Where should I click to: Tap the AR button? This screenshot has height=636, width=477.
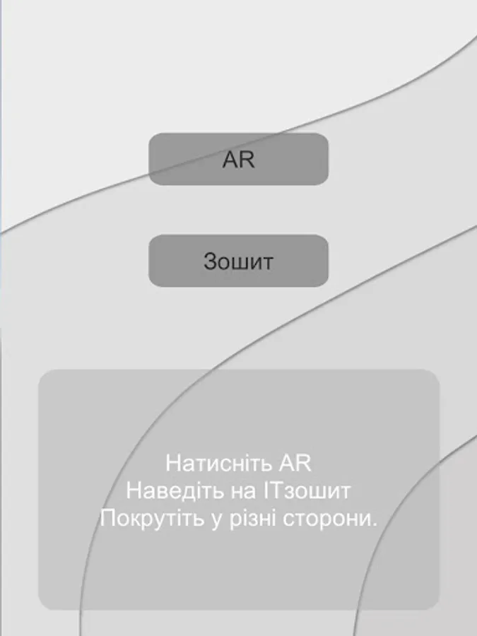point(238,159)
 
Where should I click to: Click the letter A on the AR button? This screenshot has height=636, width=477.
point(230,160)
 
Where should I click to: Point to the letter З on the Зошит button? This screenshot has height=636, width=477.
point(210,261)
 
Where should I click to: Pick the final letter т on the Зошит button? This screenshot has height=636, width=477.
point(266,262)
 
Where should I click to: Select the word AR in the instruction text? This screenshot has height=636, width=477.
point(295,464)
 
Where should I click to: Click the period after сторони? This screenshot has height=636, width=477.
point(375,524)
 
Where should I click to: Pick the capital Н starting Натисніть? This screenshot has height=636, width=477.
point(172,464)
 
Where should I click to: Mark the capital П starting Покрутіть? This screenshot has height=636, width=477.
point(107,518)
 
